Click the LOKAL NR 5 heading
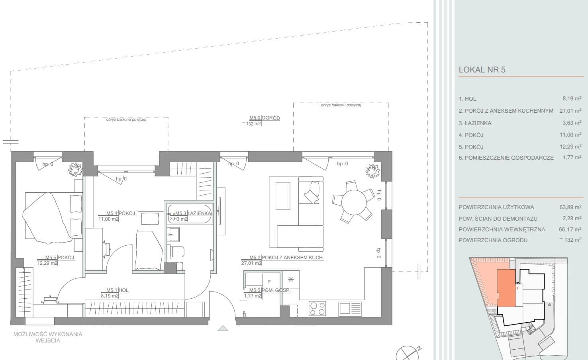click(482, 70)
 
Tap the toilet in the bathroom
click(175, 251)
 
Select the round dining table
click(354, 202)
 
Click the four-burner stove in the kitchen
click(318, 308)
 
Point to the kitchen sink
click(350, 309)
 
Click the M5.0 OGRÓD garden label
click(265, 118)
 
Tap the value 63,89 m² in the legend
click(570, 207)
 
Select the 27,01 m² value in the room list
click(570, 111)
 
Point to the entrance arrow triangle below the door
click(223, 328)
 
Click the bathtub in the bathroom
click(190, 214)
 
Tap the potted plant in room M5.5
click(75, 170)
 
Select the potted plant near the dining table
click(373, 170)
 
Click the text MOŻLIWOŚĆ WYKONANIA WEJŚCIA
click(48, 337)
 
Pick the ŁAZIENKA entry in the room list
click(475, 123)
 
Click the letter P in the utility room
click(269, 282)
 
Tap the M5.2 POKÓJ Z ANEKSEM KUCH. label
click(286, 258)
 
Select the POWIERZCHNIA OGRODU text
click(493, 240)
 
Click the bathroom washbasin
click(174, 234)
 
